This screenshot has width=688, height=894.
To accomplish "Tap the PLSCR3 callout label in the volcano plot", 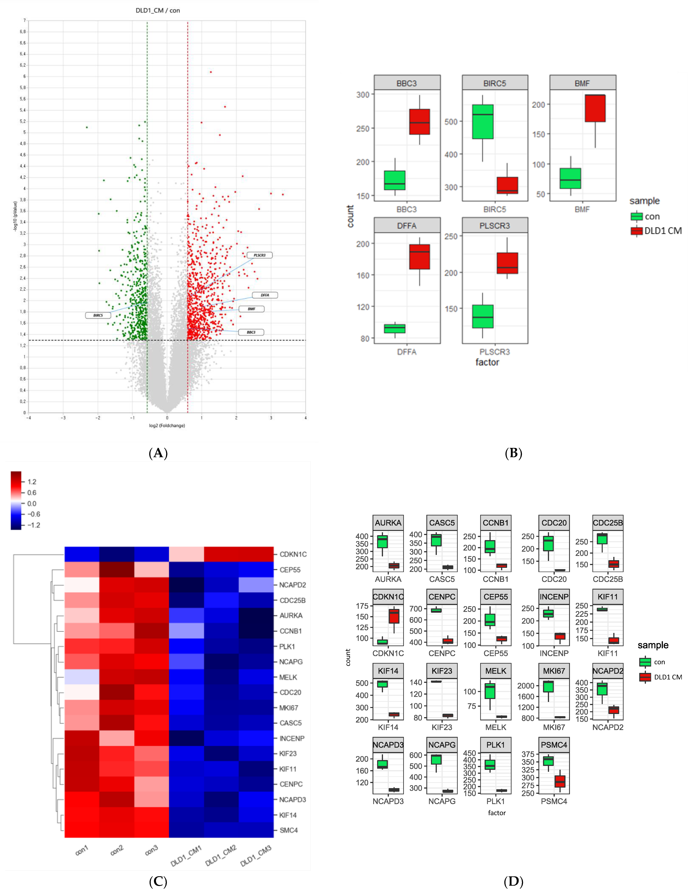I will tap(260, 255).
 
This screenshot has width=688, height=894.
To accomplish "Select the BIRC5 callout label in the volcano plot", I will tap(98, 315).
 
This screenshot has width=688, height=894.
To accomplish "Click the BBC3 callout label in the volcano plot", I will tap(251, 332).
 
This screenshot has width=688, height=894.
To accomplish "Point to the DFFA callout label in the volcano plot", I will tap(265, 295).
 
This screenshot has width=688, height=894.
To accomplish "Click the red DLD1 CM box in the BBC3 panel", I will tap(420, 122).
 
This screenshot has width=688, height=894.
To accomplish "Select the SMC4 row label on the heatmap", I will tap(289, 830).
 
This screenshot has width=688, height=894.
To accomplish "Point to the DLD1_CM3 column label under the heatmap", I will tap(256, 855).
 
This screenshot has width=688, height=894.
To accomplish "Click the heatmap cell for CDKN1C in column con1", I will tap(82, 554).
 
